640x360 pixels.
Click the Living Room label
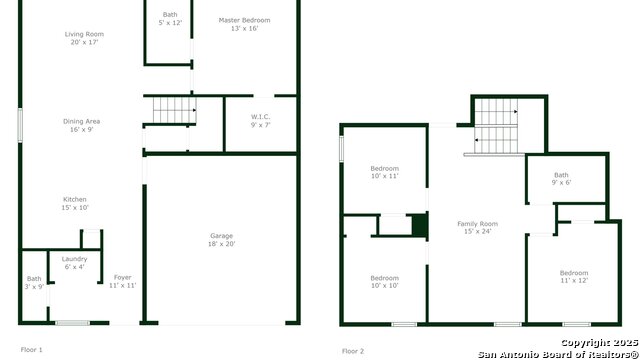click(x=84, y=38)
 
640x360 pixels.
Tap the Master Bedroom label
click(x=244, y=24)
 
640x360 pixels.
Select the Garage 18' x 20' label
click(x=222, y=240)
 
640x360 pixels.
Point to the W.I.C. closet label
click(x=260, y=121)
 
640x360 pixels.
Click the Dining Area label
click(x=81, y=125)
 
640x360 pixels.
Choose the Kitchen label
click(x=75, y=203)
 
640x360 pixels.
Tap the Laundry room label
click(x=74, y=263)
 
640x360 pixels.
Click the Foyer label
click(x=122, y=281)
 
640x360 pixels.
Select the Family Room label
click(x=478, y=227)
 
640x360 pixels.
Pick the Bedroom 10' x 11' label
click(x=384, y=172)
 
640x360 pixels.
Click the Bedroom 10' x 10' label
click(x=384, y=282)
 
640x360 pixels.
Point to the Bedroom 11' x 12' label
click(x=574, y=276)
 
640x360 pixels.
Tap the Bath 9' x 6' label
click(x=561, y=178)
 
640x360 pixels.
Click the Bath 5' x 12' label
click(x=170, y=18)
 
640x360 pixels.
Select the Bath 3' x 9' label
click(x=34, y=282)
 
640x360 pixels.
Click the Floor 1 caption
click(x=31, y=350)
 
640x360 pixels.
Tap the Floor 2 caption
click(x=353, y=351)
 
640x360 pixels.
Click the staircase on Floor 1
click(x=174, y=110)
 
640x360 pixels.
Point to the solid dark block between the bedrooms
click(x=419, y=225)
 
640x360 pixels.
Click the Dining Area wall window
click(x=20, y=125)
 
